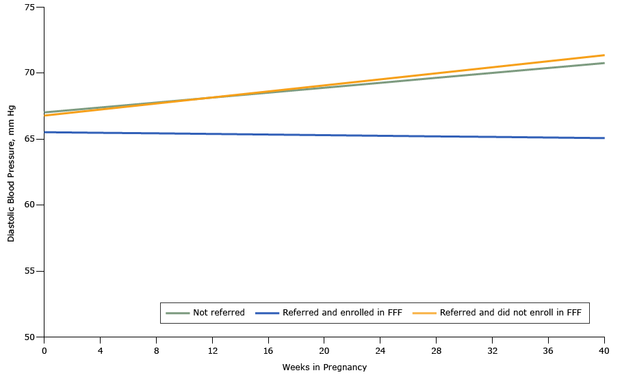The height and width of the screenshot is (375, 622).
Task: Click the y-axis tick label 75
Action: click(x=31, y=7)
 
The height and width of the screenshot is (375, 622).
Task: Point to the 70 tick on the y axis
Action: click(x=31, y=73)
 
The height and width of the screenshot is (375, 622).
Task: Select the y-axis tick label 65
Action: click(x=31, y=139)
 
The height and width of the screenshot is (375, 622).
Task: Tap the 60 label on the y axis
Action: click(x=31, y=205)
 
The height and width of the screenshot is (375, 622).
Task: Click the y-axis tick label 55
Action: click(x=31, y=271)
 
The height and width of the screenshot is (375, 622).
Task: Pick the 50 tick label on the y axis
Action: click(x=31, y=337)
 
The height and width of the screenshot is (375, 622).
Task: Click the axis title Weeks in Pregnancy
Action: click(x=324, y=367)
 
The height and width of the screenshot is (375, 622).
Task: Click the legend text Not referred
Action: click(x=218, y=313)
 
